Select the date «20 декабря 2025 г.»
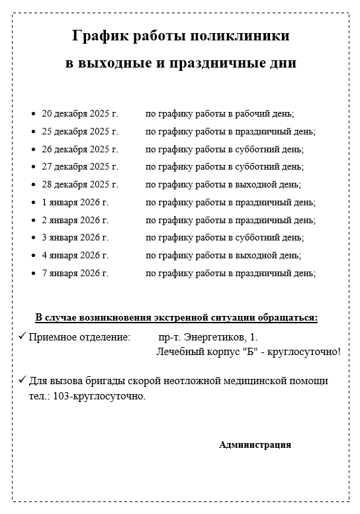(79, 114)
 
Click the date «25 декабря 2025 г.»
(79, 132)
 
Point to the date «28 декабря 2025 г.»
(79, 185)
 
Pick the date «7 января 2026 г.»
(75, 273)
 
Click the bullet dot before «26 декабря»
(34, 150)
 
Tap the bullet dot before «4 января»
(34, 256)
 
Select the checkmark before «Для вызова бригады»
(22, 381)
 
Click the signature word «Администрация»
(255, 445)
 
